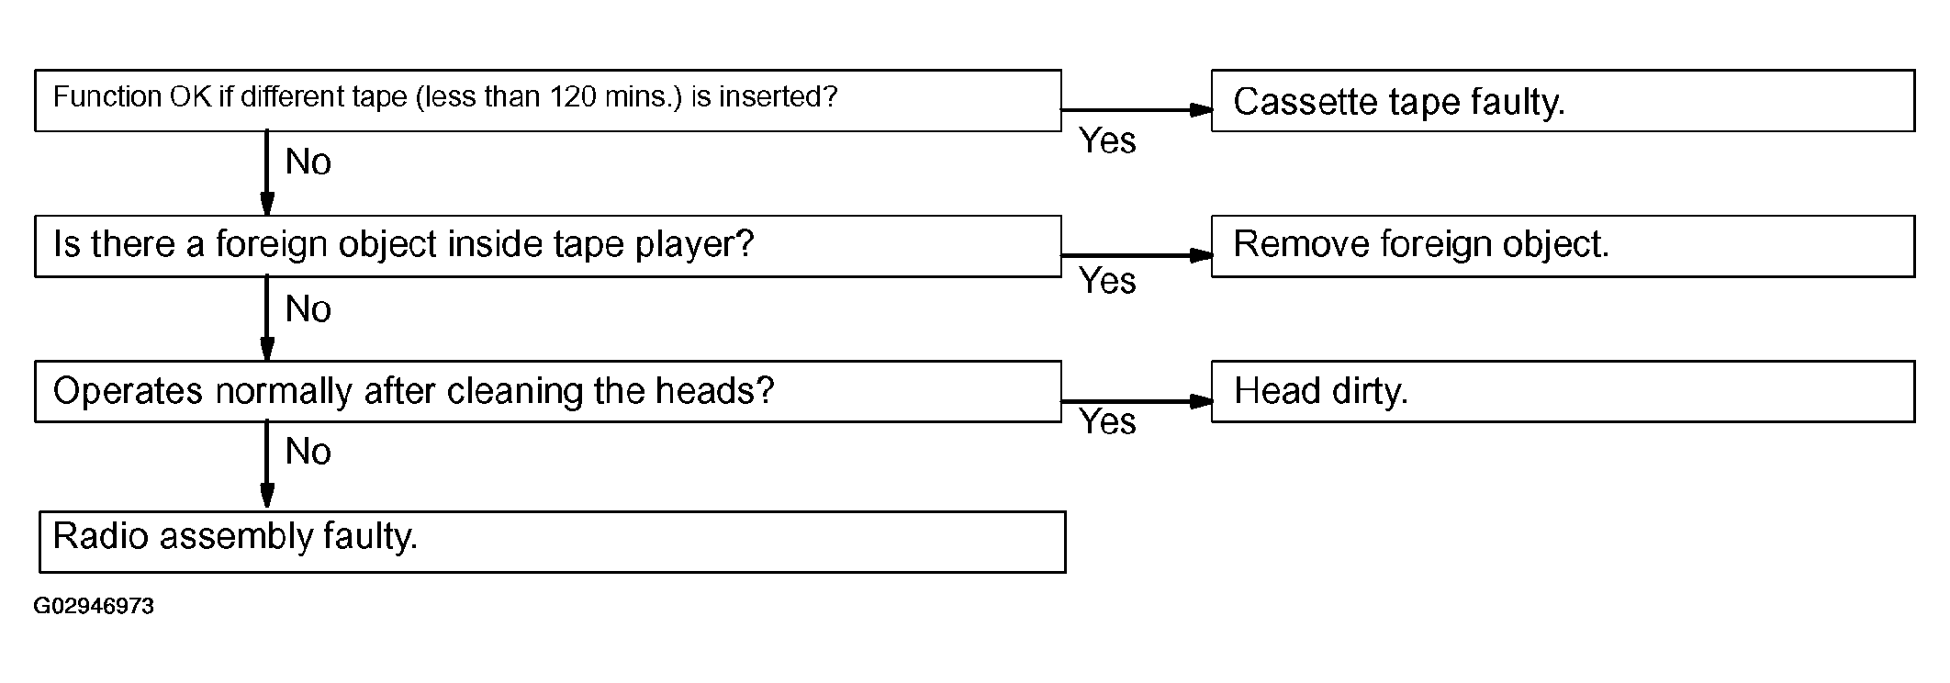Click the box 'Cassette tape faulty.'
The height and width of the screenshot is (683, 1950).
click(1563, 100)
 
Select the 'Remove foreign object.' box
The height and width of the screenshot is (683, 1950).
click(1563, 246)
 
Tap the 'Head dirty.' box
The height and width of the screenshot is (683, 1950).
click(1563, 391)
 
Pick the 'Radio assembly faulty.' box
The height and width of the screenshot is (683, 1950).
click(553, 542)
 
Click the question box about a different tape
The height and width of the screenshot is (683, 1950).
click(548, 100)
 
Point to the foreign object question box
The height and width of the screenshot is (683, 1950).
click(548, 246)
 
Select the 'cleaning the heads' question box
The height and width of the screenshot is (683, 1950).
click(548, 391)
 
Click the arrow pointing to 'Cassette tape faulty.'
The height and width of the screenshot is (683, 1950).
click(1137, 110)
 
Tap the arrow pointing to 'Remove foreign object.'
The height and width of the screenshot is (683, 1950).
click(1137, 255)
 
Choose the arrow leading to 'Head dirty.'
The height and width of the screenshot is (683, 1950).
click(1137, 401)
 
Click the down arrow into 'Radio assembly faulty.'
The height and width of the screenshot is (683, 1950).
click(267, 465)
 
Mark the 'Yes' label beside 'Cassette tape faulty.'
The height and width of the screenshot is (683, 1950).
click(1107, 140)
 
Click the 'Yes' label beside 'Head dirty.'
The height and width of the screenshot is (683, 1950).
click(1107, 421)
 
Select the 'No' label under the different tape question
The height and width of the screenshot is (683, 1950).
click(308, 162)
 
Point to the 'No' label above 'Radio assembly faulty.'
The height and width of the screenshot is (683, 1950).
click(308, 452)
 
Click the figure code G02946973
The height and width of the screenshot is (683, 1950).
click(94, 607)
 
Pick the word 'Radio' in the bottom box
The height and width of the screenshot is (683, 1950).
click(102, 535)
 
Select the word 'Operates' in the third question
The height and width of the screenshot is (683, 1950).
click(129, 392)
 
